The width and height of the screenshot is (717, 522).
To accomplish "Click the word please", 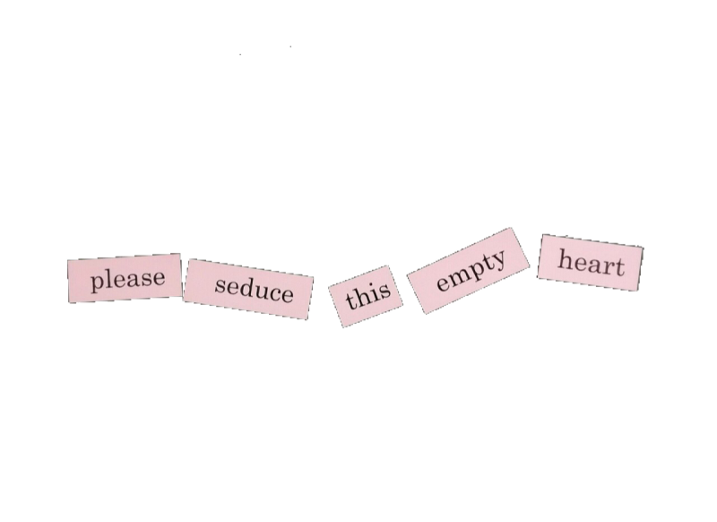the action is (127, 279).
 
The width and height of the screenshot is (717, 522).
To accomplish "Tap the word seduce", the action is (255, 288).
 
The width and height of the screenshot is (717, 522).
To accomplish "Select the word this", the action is (368, 294).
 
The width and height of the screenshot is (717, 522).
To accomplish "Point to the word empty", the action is (472, 270).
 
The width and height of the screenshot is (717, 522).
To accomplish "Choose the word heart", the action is (592, 263).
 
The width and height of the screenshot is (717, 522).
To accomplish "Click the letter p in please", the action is (98, 283).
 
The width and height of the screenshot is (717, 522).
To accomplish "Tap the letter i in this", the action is (374, 292).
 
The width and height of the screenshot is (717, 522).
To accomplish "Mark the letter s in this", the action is (384, 291).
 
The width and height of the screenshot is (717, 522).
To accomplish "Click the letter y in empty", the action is (499, 261).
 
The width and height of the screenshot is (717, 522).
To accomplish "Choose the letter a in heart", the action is (594, 265).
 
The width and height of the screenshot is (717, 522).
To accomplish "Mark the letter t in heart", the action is (619, 266).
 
